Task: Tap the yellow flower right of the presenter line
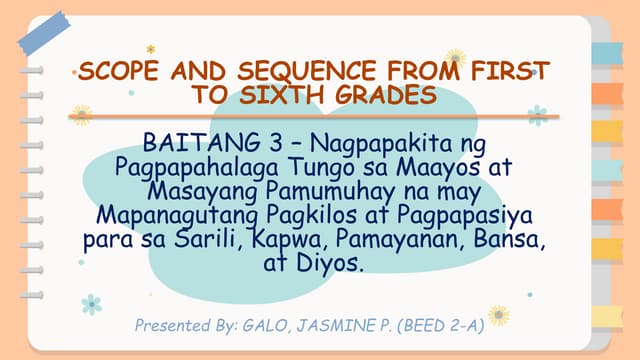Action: point(498,315)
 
